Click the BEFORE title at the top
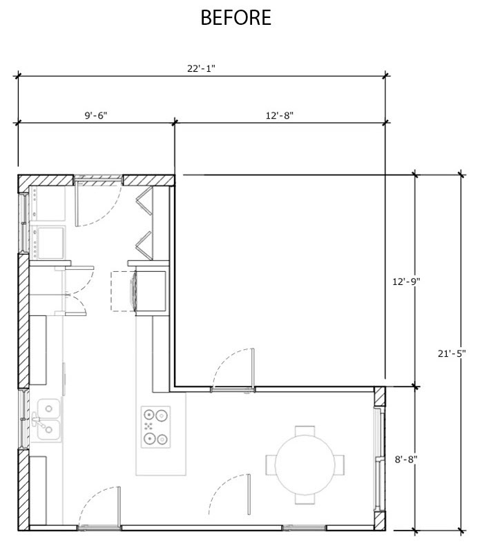click(x=236, y=17)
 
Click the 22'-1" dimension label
click(x=201, y=68)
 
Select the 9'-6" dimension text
click(x=95, y=115)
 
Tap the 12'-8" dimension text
click(x=280, y=115)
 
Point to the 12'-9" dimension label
click(x=406, y=282)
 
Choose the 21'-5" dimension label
click(x=452, y=353)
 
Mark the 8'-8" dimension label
click(x=406, y=460)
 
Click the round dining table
click(x=305, y=465)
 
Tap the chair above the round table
click(x=305, y=431)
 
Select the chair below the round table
click(x=305, y=499)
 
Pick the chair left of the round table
click(x=271, y=465)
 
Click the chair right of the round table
click(x=339, y=465)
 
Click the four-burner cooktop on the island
click(x=156, y=427)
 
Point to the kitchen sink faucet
click(x=38, y=420)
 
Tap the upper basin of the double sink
click(x=48, y=409)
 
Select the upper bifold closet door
click(x=144, y=201)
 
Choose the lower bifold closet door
click(x=144, y=246)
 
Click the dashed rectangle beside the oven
click(x=123, y=291)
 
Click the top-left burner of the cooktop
click(x=149, y=415)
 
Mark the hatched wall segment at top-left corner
click(x=46, y=181)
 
